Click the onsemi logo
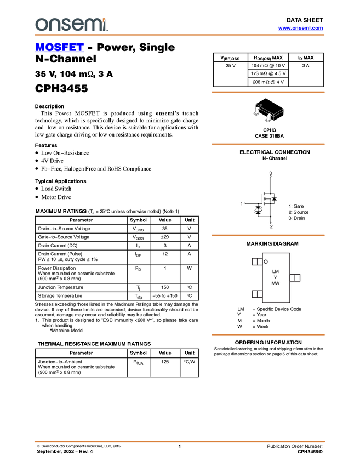(71, 24)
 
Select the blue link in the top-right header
(300, 28)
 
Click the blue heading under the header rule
(59, 48)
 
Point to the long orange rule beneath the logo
(179, 35)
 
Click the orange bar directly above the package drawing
(268, 92)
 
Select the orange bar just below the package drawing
(268, 144)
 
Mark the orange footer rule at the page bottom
(179, 441)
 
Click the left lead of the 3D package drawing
(256, 112)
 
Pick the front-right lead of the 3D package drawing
(268, 118)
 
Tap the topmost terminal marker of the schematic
(270, 173)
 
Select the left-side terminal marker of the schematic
(241, 203)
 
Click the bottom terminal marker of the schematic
(271, 225)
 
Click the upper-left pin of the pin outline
(256, 262)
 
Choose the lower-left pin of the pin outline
(256, 294)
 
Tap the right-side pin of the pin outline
(295, 278)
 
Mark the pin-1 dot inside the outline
(267, 262)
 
